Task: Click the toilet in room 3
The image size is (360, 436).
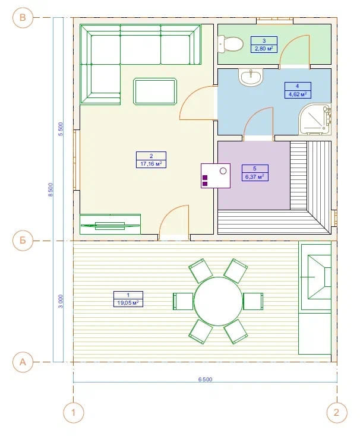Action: pyautogui.click(x=230, y=44)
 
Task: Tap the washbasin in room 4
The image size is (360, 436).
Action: pyautogui.click(x=251, y=77)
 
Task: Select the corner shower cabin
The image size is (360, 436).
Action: pyautogui.click(x=315, y=119)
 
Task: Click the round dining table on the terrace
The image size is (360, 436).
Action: pyautogui.click(x=218, y=301)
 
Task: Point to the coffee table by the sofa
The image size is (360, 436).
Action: pyautogui.click(x=155, y=91)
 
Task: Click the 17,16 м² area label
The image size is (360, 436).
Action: pyautogui.click(x=151, y=164)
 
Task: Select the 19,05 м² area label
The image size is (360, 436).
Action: pyautogui.click(x=128, y=303)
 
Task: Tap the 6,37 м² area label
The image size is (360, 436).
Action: pyautogui.click(x=255, y=176)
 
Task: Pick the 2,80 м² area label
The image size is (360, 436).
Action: pyautogui.click(x=264, y=49)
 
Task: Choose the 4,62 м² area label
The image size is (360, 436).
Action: pyautogui.click(x=298, y=94)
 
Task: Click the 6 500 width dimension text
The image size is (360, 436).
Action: pyautogui.click(x=206, y=380)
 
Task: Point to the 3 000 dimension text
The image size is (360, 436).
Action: pyautogui.click(x=61, y=301)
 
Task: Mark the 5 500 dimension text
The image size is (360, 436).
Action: pyautogui.click(x=61, y=129)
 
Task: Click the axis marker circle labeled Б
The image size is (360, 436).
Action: pyautogui.click(x=23, y=240)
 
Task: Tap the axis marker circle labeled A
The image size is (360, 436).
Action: pyautogui.click(x=23, y=362)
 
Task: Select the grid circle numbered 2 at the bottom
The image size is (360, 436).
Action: pyautogui.click(x=337, y=412)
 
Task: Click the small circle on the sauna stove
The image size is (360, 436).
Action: pyautogui.click(x=223, y=170)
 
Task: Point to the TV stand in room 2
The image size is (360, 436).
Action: pyautogui.click(x=110, y=224)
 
